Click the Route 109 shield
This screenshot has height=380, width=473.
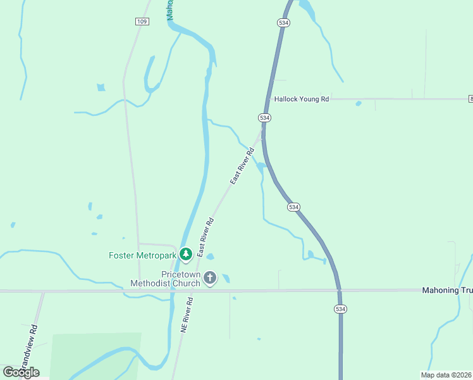(x=142, y=22)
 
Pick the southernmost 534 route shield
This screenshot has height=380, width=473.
(x=341, y=308)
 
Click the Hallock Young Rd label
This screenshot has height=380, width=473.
(x=301, y=99)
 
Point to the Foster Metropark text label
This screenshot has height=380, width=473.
(x=142, y=255)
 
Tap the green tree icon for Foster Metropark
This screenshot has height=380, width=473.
(x=185, y=255)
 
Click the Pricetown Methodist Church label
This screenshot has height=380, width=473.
(x=165, y=279)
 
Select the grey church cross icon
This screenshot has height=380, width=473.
(x=210, y=278)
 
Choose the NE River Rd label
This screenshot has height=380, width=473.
(x=186, y=317)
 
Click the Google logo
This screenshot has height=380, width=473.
(x=21, y=372)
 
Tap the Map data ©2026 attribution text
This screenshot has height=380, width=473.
(x=446, y=375)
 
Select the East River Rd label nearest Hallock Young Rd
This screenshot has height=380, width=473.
(x=242, y=167)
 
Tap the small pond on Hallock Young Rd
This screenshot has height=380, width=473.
(x=359, y=103)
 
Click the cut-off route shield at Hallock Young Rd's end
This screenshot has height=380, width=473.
(x=470, y=99)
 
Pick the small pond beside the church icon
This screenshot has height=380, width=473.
(x=226, y=278)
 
